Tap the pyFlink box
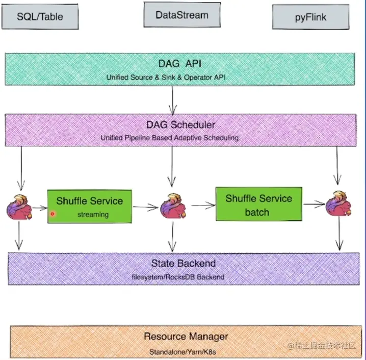pos(310,17)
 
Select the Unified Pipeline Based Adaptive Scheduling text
pos(170,138)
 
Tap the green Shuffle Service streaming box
pos(89,207)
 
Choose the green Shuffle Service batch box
pos(259,205)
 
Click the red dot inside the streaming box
pos(53,214)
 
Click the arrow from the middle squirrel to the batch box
pos(202,205)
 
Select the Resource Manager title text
pos(186,337)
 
